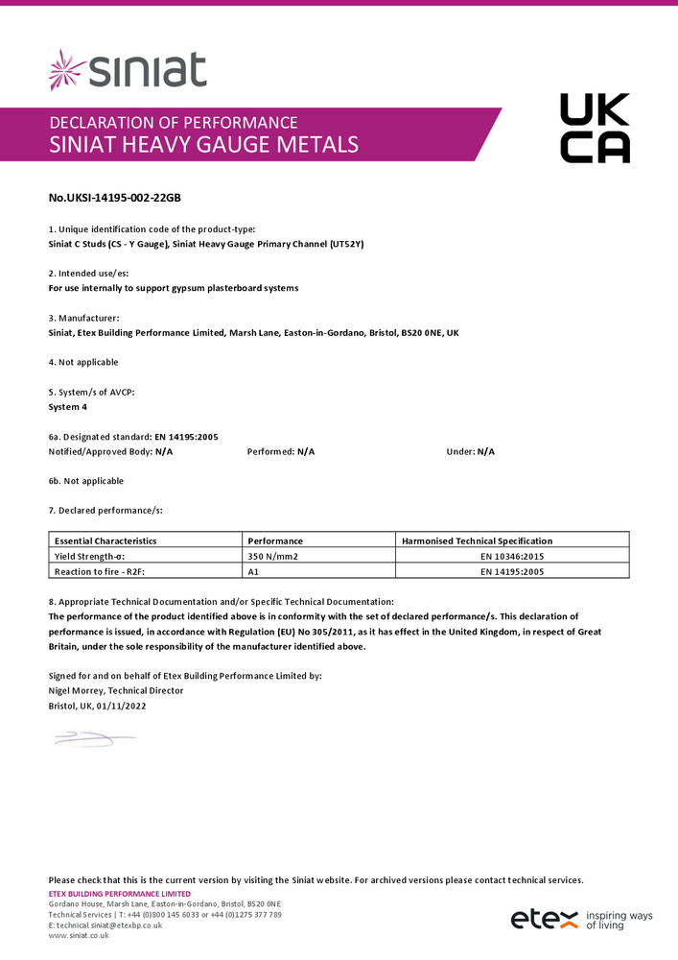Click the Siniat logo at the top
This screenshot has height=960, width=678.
(128, 70)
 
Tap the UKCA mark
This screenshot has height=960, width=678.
(595, 128)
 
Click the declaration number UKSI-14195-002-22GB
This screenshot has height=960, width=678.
(115, 198)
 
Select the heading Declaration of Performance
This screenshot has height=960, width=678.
(173, 122)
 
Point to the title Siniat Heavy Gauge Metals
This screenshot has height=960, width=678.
(203, 145)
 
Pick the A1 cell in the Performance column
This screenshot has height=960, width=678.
(254, 571)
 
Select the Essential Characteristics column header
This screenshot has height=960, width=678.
(105, 540)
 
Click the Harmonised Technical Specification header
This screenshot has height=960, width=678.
(477, 540)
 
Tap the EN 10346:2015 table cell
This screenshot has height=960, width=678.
(514, 556)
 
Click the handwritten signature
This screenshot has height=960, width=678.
(94, 738)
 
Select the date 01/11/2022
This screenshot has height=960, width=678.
(122, 706)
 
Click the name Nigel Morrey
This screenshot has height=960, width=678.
(77, 690)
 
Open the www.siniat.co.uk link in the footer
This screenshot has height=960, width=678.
(79, 935)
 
